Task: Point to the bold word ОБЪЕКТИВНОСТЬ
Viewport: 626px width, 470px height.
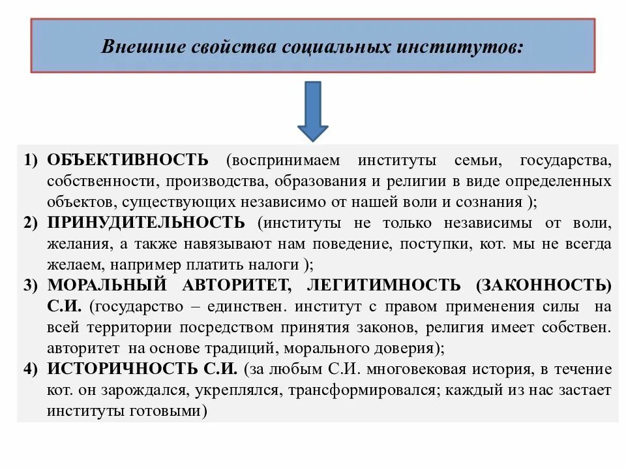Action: (128, 160)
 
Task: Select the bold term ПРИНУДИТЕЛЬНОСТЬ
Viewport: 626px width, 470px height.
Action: (147, 223)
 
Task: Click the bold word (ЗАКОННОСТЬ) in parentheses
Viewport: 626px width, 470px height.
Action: (544, 285)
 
